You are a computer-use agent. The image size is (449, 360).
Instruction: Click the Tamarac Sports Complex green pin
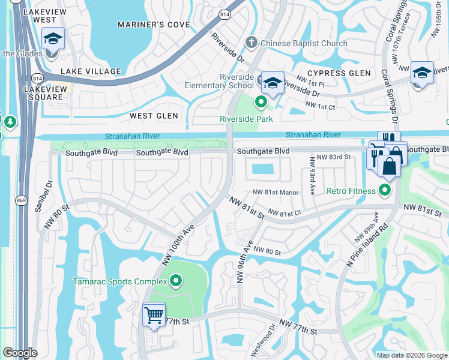click(x=176, y=280)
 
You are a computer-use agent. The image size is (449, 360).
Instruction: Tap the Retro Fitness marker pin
click(x=385, y=191)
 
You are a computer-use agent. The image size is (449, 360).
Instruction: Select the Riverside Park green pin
click(x=261, y=103)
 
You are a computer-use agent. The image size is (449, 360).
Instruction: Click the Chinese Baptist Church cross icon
click(x=252, y=43)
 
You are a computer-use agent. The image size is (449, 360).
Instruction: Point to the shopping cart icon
click(x=154, y=314)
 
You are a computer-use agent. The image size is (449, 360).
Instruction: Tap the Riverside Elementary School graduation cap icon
click(x=272, y=82)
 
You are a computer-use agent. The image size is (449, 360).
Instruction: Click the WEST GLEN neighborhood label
click(x=152, y=115)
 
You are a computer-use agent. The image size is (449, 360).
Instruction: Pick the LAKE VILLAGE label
click(x=91, y=71)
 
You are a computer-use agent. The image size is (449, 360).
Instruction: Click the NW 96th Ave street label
click(x=244, y=262)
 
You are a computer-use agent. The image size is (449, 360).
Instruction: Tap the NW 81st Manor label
click(x=276, y=192)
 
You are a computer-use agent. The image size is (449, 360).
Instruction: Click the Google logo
click(x=20, y=353)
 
